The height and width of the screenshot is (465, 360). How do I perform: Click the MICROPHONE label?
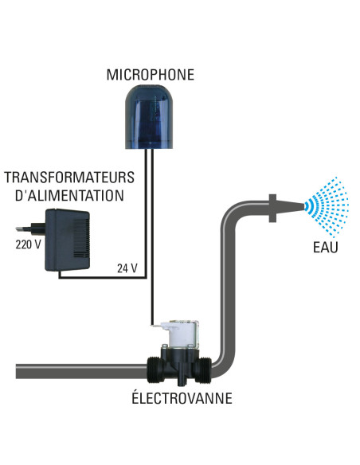pyautogui.click(x=151, y=75)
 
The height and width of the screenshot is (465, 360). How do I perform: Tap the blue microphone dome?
pyautogui.click(x=151, y=111)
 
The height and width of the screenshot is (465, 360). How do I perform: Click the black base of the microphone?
pyautogui.click(x=151, y=141)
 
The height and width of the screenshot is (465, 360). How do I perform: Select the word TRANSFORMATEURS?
pyautogui.click(x=69, y=178)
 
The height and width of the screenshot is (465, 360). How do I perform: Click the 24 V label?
pyautogui.click(x=127, y=268)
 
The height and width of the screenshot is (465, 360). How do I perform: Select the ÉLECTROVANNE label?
pyautogui.click(x=182, y=398)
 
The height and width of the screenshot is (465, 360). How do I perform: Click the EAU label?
pyautogui.click(x=326, y=247)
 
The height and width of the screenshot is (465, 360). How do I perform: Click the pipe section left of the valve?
pyautogui.click(x=80, y=370)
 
